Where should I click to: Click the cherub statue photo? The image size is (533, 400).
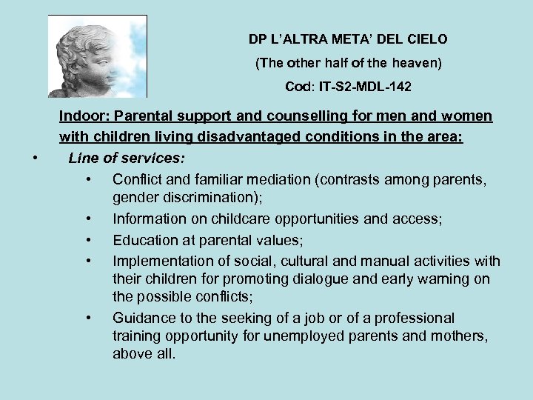click(97, 56)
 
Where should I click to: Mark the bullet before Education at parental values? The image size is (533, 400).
click(88, 240)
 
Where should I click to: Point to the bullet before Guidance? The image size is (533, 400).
click(88, 318)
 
